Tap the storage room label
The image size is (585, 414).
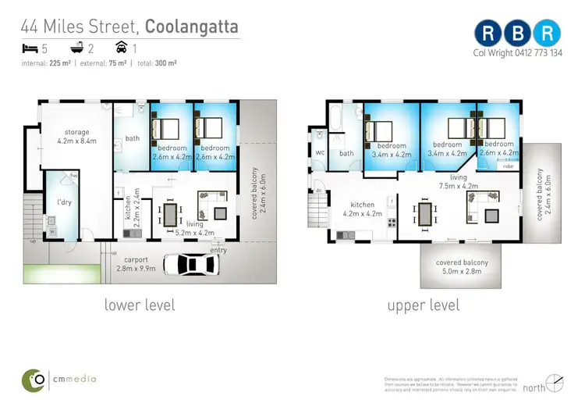(x=76, y=137)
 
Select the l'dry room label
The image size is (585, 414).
(x=64, y=204)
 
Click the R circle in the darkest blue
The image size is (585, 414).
(x=488, y=32)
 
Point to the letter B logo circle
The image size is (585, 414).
(x=519, y=32)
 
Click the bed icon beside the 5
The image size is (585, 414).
(x=30, y=48)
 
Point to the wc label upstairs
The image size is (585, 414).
(x=320, y=153)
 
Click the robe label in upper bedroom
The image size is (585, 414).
(x=508, y=166)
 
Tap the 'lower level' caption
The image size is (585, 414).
(x=140, y=304)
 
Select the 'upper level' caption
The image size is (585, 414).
(x=424, y=304)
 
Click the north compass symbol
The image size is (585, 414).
(x=555, y=382)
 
